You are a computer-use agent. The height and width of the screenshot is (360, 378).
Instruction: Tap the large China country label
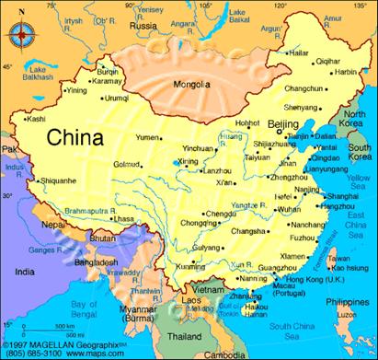76,138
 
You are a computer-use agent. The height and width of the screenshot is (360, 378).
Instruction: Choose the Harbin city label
345,72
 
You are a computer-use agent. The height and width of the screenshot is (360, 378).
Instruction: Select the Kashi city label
36,119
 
